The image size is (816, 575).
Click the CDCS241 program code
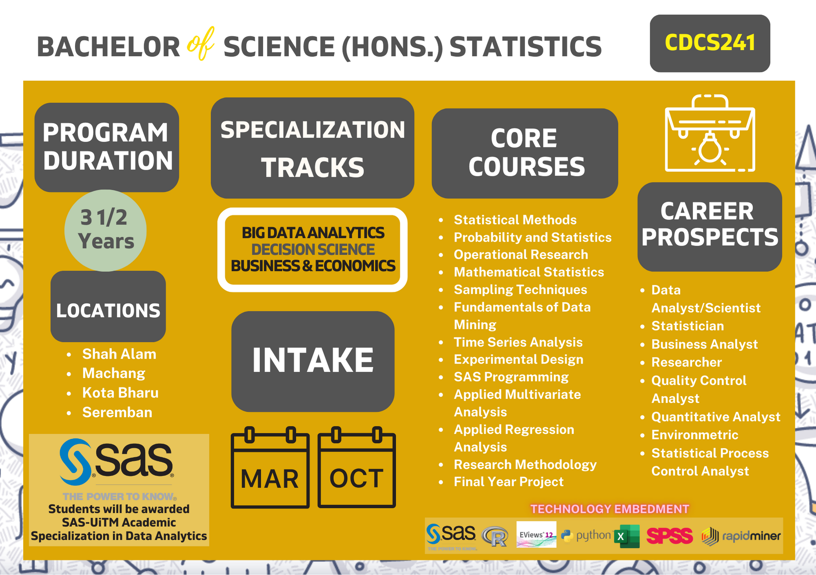click(x=710, y=43)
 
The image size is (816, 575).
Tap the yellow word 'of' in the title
click(x=201, y=43)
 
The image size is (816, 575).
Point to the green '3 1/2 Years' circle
click(x=105, y=230)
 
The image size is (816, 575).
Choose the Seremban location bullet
click(x=117, y=412)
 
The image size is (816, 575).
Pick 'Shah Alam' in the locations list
click(x=119, y=354)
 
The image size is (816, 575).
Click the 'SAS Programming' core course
click(x=511, y=377)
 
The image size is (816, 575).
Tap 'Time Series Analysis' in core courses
click(x=518, y=342)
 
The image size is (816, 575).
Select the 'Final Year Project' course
click(x=509, y=482)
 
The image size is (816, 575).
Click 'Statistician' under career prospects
click(x=687, y=326)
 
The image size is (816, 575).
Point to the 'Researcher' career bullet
click(x=687, y=362)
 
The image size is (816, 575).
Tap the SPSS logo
click(x=670, y=536)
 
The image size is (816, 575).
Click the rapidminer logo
click(x=741, y=536)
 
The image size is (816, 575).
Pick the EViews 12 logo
click(x=536, y=534)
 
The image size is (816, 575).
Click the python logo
click(x=586, y=535)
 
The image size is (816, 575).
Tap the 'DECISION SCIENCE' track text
click(x=313, y=249)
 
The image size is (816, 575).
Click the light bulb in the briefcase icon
click(x=710, y=148)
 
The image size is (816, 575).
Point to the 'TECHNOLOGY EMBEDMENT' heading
click(x=610, y=509)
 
